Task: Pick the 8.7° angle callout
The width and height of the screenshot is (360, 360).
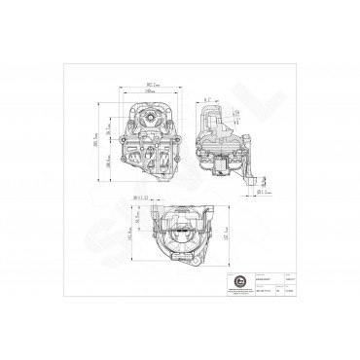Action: coord(210,98)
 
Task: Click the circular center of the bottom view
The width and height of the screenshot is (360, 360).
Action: coord(182,233)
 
